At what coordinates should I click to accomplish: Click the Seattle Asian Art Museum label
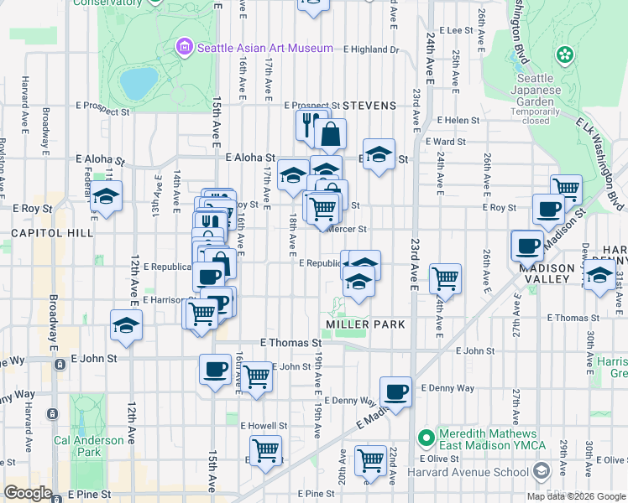(x=264, y=48)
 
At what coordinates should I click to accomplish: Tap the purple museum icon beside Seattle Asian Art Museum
(x=184, y=47)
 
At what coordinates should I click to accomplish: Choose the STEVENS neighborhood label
(x=368, y=106)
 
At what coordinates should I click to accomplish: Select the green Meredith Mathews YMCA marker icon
(x=427, y=438)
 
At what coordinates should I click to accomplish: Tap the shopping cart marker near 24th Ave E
(x=445, y=277)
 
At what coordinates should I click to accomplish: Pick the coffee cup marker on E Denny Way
(x=395, y=391)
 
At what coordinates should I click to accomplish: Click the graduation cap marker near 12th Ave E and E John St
(x=126, y=324)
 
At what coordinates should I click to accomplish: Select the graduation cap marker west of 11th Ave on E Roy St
(x=107, y=197)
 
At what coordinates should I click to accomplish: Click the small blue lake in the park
(x=139, y=82)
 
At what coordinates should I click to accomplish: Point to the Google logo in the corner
(x=29, y=493)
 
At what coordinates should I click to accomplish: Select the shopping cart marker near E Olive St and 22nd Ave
(x=369, y=459)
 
